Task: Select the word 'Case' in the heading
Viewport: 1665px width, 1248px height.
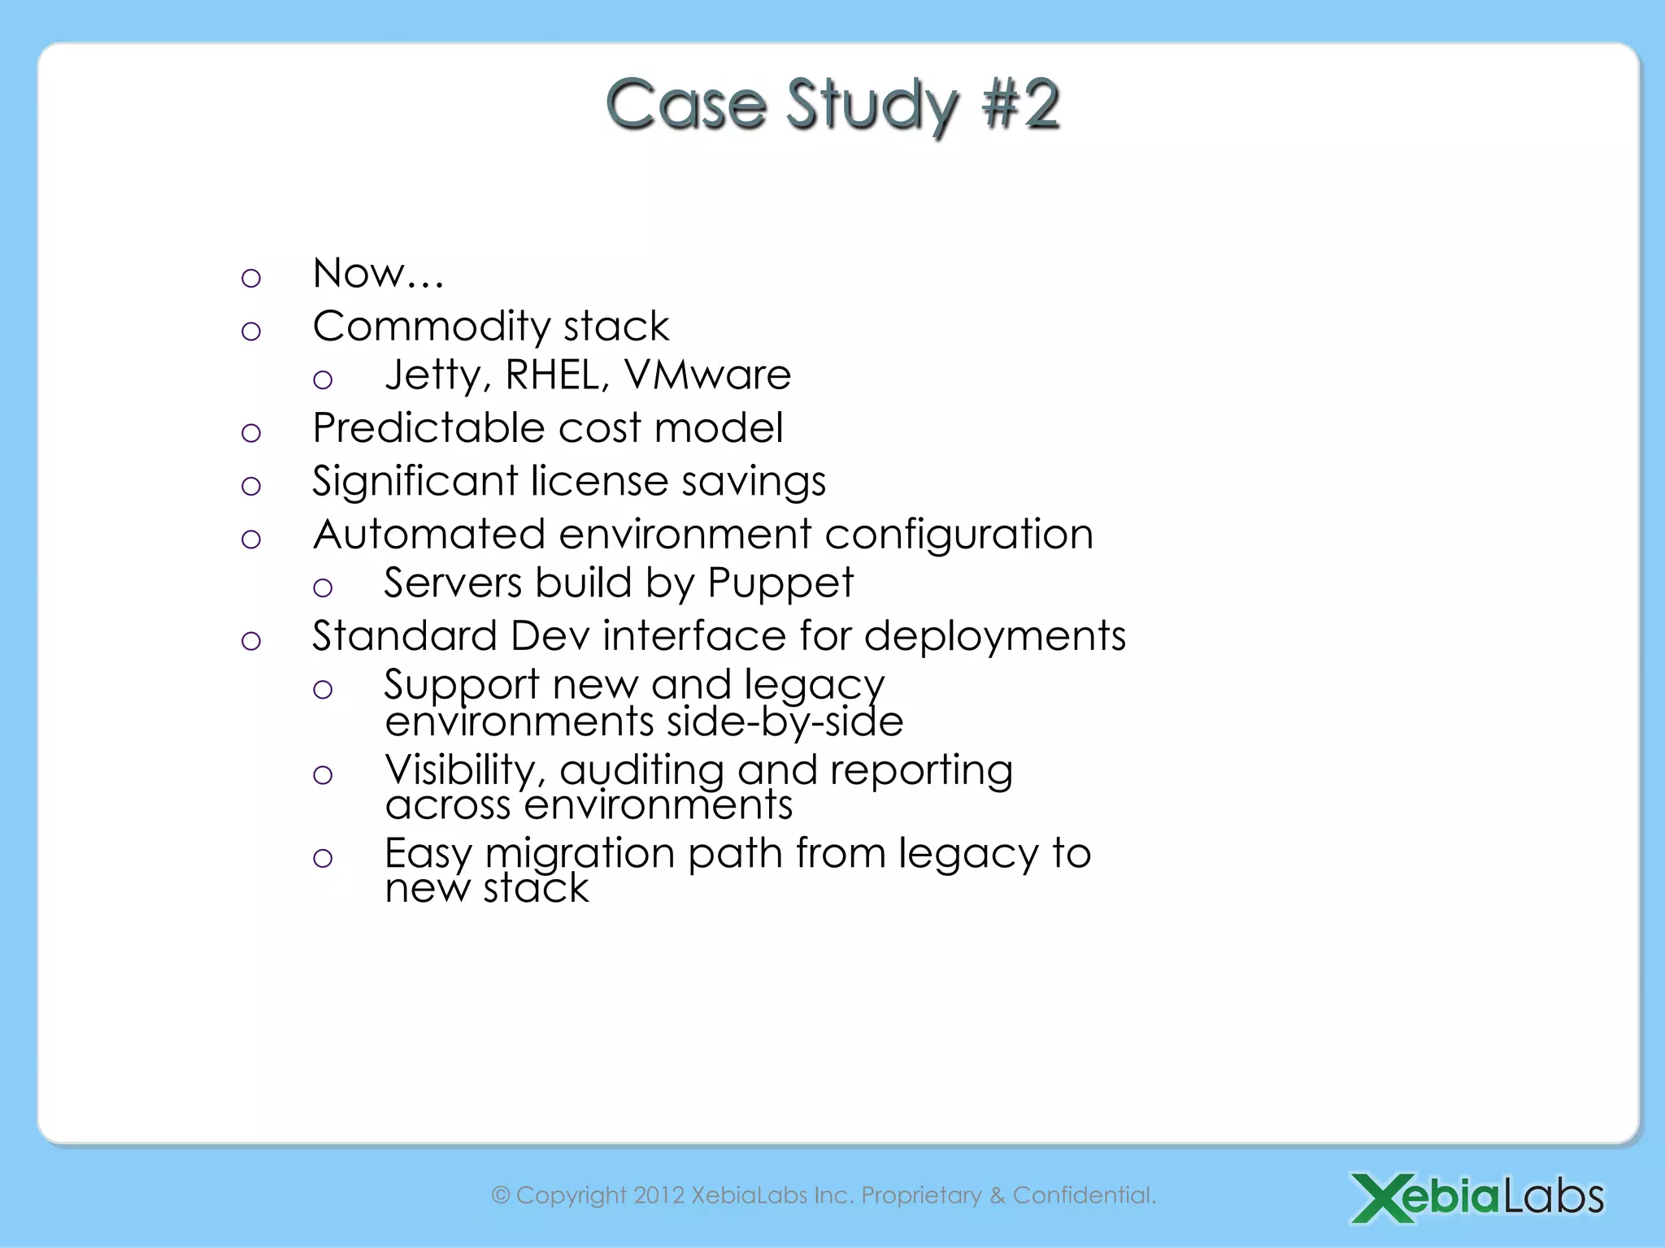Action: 685,104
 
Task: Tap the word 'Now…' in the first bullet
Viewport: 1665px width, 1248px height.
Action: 378,273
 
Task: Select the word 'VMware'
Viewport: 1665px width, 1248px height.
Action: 707,375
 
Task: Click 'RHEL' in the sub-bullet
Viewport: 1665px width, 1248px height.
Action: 557,375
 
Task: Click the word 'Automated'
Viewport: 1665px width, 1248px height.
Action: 428,535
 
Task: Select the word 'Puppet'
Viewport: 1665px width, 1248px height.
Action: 780,583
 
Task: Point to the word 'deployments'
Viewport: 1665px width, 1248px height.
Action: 994,636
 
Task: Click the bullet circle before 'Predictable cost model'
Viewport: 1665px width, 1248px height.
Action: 251,433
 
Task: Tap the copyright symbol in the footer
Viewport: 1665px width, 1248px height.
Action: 501,1195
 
